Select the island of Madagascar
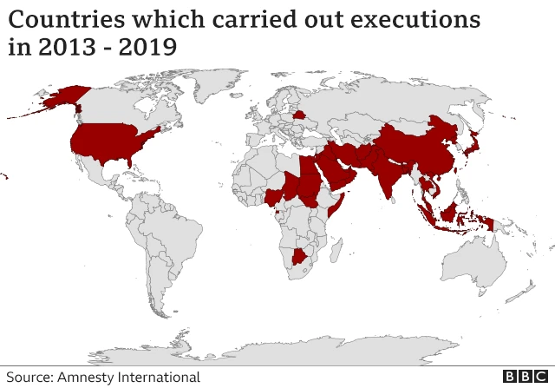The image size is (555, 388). point(342,251)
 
